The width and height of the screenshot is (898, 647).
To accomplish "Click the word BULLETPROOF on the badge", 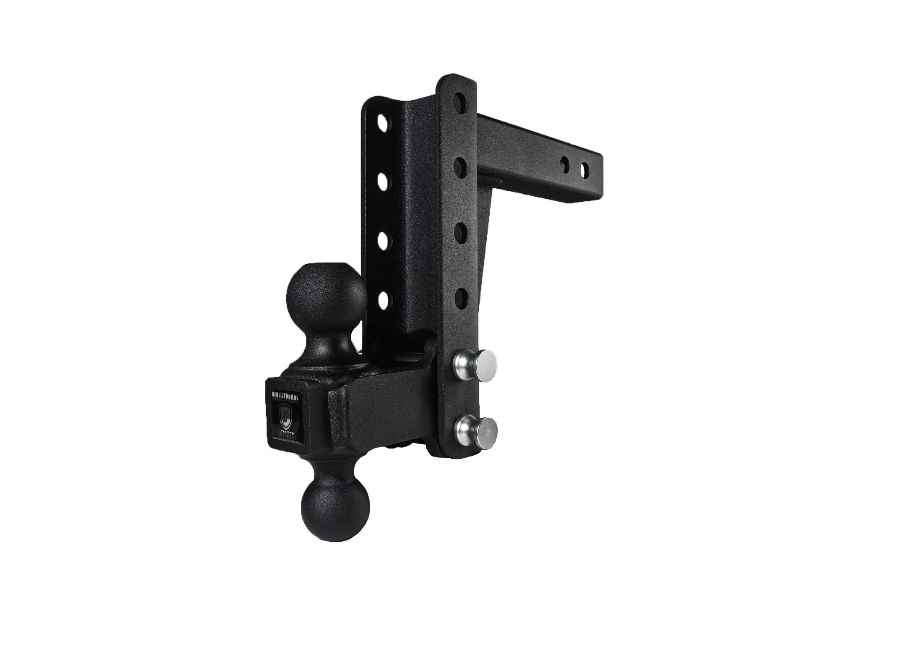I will [x=286, y=396].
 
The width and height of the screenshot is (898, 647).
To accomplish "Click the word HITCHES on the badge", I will [x=286, y=431].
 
